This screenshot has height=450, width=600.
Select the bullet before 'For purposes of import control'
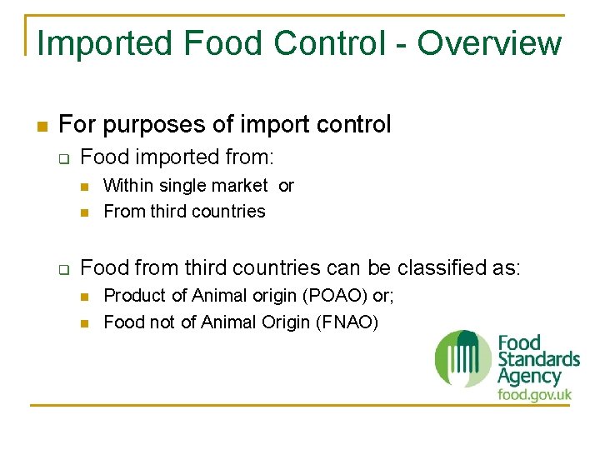point(39,127)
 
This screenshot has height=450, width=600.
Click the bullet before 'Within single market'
point(85,186)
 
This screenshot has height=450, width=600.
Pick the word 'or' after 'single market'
point(286,186)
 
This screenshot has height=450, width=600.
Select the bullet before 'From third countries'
point(85,212)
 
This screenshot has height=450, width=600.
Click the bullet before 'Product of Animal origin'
point(85,297)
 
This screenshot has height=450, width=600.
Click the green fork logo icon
point(463,358)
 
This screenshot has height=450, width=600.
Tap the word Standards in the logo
point(538,359)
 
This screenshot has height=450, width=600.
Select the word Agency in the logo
point(529,377)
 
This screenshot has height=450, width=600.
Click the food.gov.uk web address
point(534,394)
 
